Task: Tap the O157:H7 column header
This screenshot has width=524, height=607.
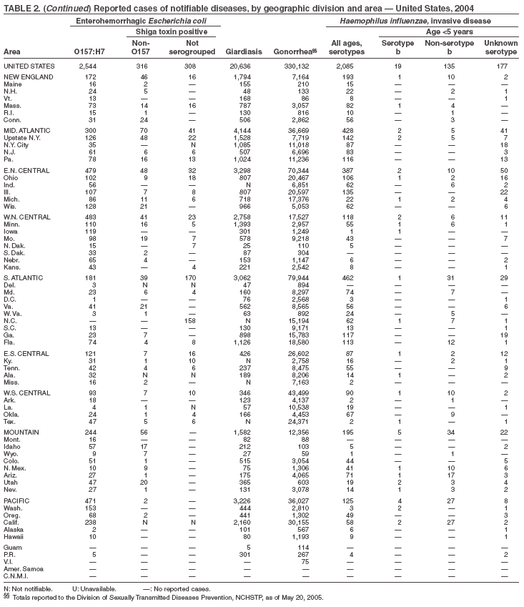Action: [x=89, y=52]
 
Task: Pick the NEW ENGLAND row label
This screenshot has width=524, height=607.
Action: [x=26, y=76]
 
